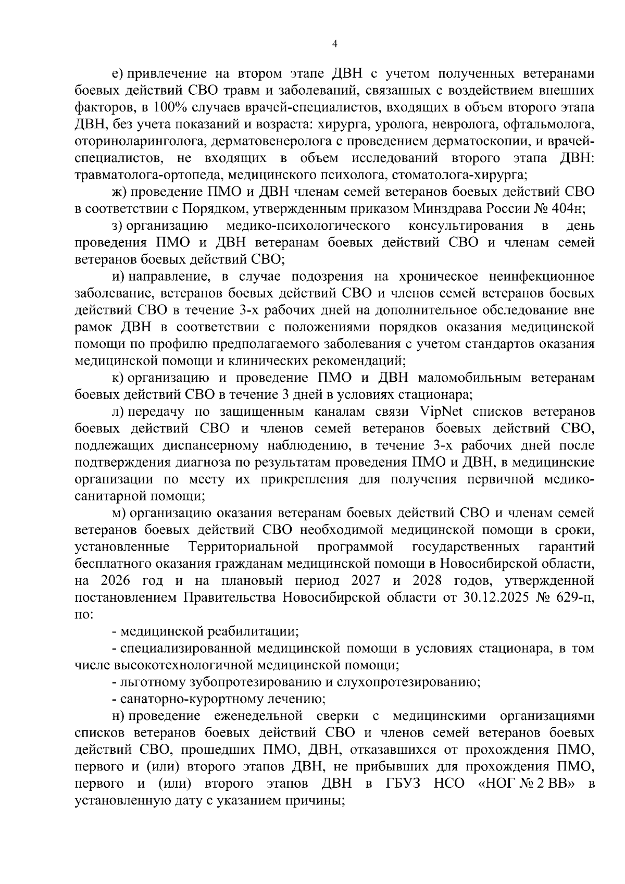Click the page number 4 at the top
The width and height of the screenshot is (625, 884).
pyautogui.click(x=335, y=44)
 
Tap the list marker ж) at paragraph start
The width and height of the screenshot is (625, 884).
pyautogui.click(x=119, y=192)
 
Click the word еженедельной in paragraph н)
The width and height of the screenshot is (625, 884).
pyautogui.click(x=255, y=716)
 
